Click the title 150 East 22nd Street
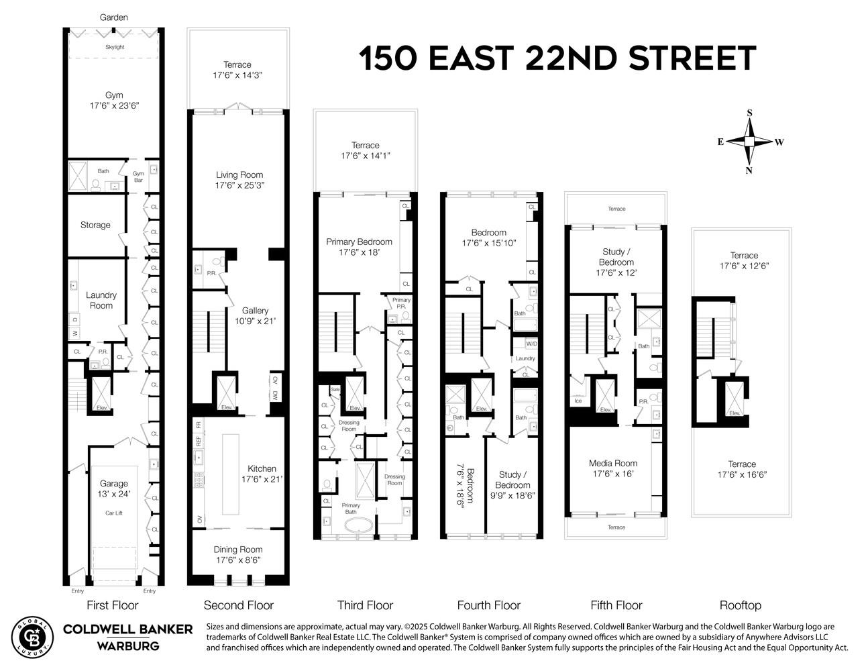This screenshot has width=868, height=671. [x=557, y=58]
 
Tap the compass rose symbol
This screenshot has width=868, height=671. [x=749, y=142]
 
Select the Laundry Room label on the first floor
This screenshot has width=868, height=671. [x=101, y=300]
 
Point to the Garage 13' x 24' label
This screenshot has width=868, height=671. [x=113, y=488]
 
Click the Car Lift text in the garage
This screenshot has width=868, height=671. [x=113, y=513]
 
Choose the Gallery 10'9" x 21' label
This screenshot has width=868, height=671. [x=255, y=315]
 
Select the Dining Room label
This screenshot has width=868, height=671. [x=238, y=554]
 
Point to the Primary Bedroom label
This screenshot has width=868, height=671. [x=359, y=246]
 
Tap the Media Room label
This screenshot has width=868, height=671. [x=613, y=468]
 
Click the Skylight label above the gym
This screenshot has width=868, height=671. [x=115, y=47]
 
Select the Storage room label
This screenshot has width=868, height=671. [x=95, y=225]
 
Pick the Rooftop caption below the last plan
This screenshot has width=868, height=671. [x=740, y=605]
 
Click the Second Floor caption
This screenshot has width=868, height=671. [x=238, y=605]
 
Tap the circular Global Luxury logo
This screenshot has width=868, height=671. [x=31, y=636]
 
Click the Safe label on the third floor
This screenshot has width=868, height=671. [x=335, y=391]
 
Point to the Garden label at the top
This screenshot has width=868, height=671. [x=114, y=17]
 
